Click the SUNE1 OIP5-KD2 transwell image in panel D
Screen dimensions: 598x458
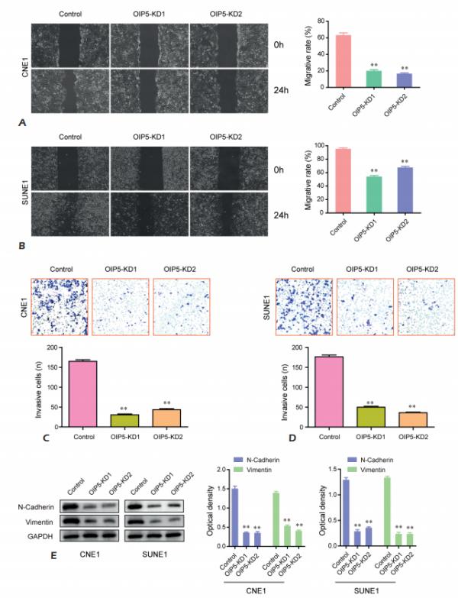coord(425,304)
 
